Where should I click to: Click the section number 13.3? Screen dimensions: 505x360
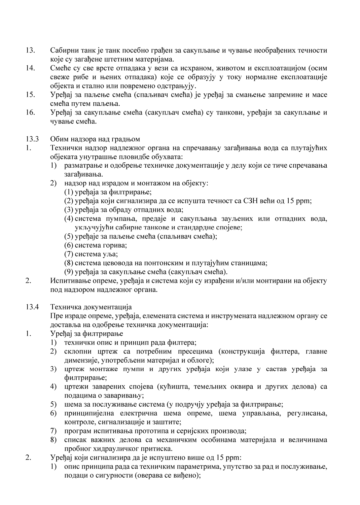click(32, 139)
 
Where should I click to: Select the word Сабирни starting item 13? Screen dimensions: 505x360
click(63, 50)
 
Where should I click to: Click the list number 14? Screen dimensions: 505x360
click(30, 68)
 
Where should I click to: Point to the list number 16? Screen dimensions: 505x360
click(30, 113)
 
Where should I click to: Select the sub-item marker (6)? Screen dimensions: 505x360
click(69, 245)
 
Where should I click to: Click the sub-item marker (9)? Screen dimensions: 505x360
click(69, 272)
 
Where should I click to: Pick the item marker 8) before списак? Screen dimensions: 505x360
click(54, 440)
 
